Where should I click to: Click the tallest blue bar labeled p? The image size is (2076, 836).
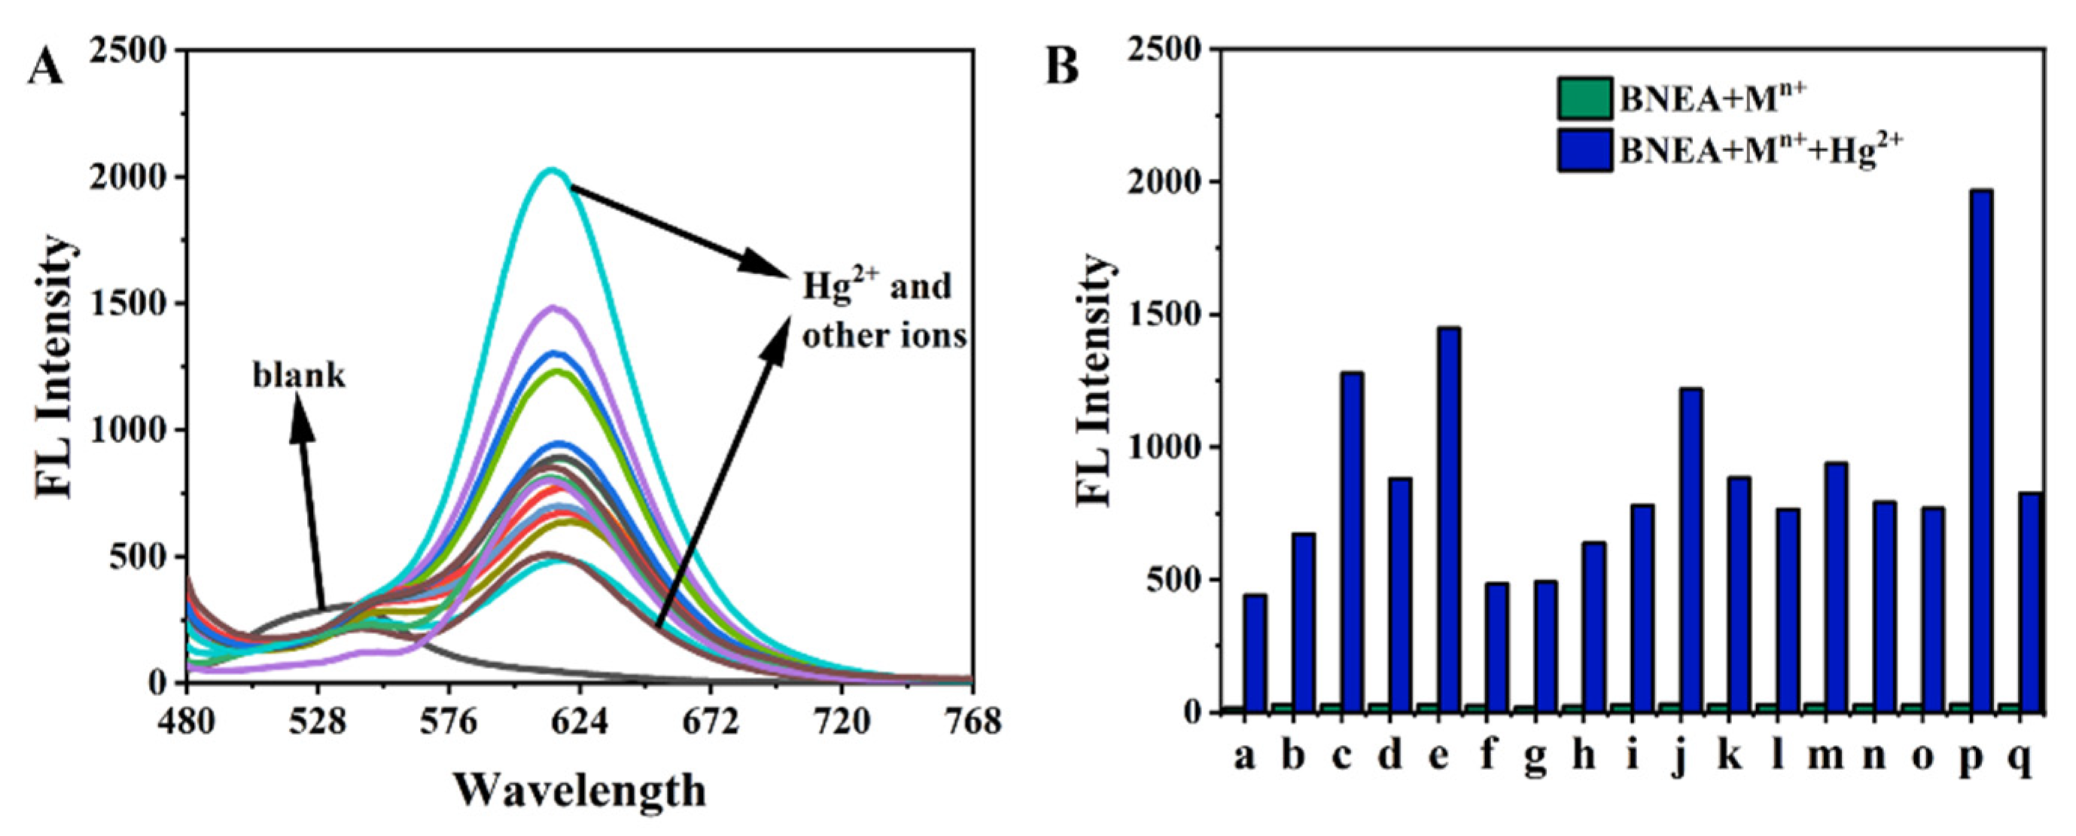[x=1971, y=451]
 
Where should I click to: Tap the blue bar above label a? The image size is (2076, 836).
[x=1255, y=654]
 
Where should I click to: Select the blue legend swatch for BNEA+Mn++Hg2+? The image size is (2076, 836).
[x=1584, y=150]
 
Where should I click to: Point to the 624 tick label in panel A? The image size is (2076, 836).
[x=579, y=721]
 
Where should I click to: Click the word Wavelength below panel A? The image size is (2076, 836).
[x=579, y=791]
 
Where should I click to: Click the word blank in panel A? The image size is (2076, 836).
[x=299, y=377]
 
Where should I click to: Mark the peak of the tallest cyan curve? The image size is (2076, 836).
[x=552, y=170]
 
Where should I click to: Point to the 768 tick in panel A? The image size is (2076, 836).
[x=973, y=721]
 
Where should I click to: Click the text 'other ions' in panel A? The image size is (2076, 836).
[x=884, y=336]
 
